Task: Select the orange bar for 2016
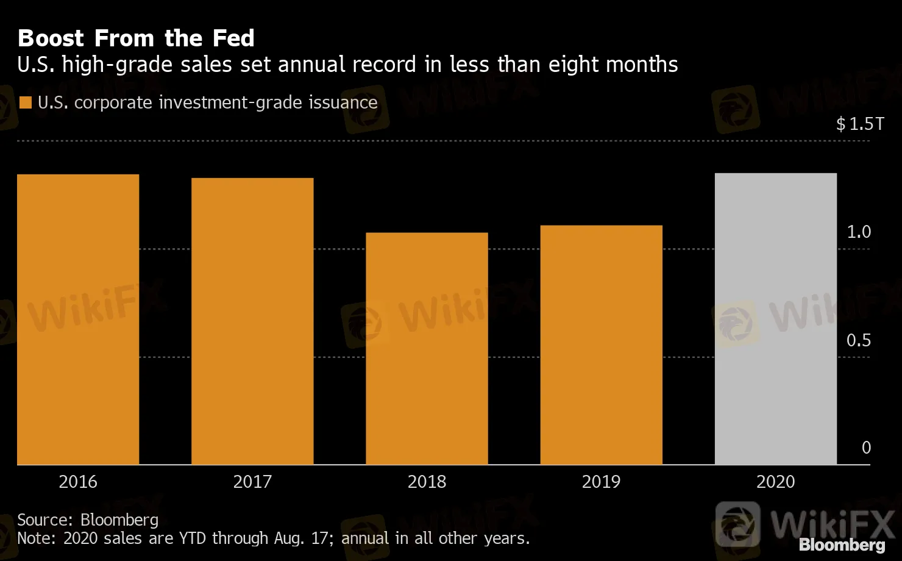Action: tap(78, 320)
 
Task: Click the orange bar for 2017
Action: tap(252, 321)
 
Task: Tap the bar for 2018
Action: tap(427, 348)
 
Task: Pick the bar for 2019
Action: tap(601, 345)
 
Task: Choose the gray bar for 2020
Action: tap(775, 319)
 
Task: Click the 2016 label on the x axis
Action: tap(78, 482)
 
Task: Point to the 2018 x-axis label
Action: tap(427, 482)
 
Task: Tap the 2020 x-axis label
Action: tap(775, 482)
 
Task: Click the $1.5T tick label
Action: tap(860, 124)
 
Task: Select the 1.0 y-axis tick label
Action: tap(859, 232)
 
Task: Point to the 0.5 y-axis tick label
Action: tap(859, 340)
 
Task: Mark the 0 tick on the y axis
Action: tap(866, 448)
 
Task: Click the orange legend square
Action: tap(26, 102)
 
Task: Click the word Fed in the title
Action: tap(233, 38)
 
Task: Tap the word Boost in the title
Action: tap(51, 38)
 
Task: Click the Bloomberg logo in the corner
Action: tap(842, 545)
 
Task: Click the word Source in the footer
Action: tap(45, 520)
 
